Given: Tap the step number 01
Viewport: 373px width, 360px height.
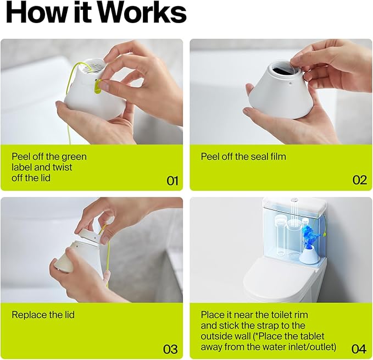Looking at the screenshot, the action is [172, 181].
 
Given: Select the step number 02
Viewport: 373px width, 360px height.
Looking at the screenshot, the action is [359, 180].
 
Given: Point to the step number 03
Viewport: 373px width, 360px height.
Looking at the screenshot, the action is [170, 349].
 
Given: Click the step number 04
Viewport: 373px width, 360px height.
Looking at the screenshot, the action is [359, 349].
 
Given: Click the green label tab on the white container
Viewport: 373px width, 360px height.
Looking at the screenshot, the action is [98, 87].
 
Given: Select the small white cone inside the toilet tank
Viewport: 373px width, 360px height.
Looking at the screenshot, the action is [310, 255].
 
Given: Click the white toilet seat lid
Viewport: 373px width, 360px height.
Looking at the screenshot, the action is [276, 276].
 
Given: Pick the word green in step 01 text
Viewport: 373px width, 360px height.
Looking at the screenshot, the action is [74, 157].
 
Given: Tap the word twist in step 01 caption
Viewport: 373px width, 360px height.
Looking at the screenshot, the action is [63, 167].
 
